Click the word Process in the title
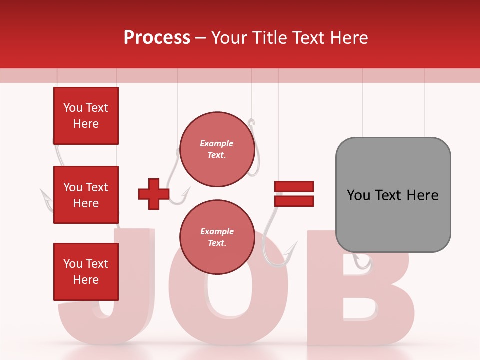pyautogui.click(x=157, y=38)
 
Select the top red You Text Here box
pyautogui.click(x=86, y=116)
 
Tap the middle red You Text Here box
pyautogui.click(x=86, y=195)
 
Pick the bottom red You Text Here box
pyautogui.click(x=86, y=272)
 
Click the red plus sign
pyautogui.click(x=154, y=194)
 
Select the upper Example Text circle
pyautogui.click(x=217, y=149)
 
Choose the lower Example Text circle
pyautogui.click(x=217, y=237)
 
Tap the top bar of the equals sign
pyautogui.click(x=294, y=186)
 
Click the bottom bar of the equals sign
pyautogui.click(x=294, y=201)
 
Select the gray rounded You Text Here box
pyautogui.click(x=393, y=195)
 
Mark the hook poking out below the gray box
pyautogui.click(x=363, y=262)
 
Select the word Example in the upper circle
pyautogui.click(x=217, y=143)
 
